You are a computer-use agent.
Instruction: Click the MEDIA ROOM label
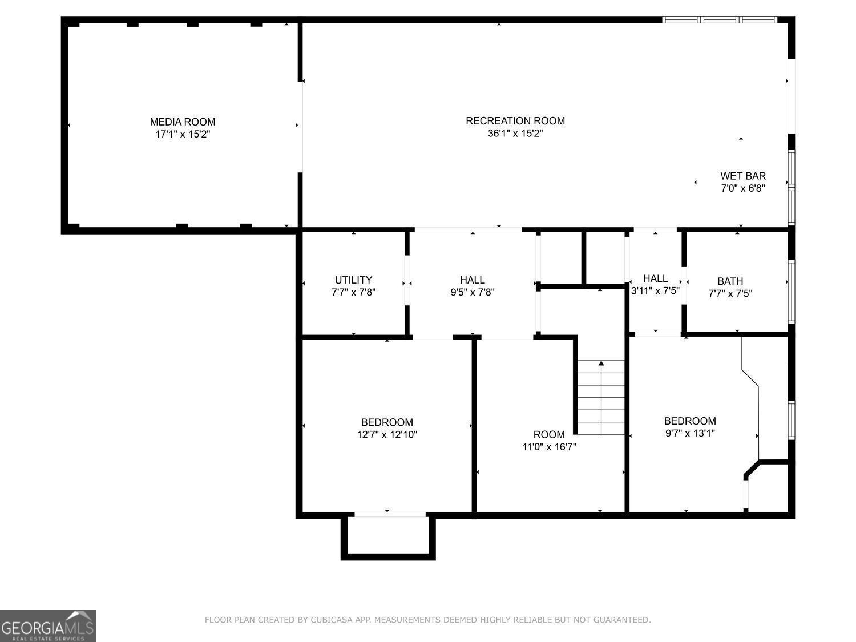pos(183,122)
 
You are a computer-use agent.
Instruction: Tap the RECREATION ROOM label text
pos(515,120)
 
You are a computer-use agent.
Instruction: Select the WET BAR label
pos(743,176)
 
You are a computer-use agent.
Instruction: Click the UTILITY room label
pos(353,280)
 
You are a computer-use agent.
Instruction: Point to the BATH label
pos(730,281)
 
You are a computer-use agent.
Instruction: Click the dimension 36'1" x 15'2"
pos(515,134)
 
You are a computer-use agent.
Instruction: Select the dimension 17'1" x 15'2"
pos(183,135)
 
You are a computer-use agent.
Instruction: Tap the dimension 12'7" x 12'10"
pos(387,435)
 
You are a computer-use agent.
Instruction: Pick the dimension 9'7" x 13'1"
pos(690,433)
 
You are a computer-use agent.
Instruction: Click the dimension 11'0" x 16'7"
pos(549,447)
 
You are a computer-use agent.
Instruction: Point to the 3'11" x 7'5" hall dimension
pos(655,290)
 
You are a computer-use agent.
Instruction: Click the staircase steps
pos(601,399)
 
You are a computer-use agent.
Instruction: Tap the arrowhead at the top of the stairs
pos(601,363)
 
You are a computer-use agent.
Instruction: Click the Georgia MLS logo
pos(48,626)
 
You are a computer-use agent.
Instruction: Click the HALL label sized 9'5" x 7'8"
pos(473,280)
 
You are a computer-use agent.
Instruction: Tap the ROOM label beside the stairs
pos(549,434)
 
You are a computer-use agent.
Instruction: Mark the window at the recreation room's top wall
pos(720,19)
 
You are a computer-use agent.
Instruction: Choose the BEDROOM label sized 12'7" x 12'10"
pos(387,422)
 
